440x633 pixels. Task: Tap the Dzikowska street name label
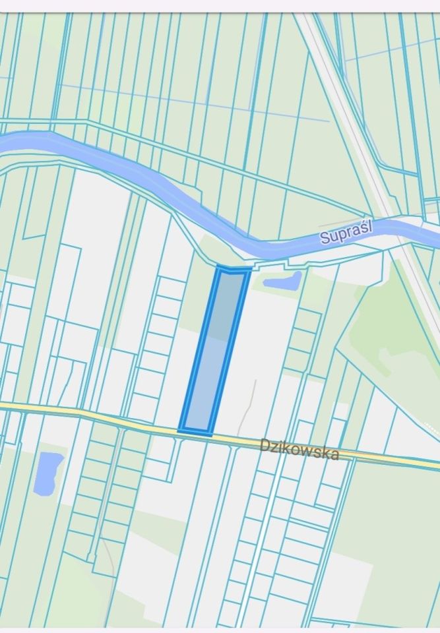[x=299, y=450]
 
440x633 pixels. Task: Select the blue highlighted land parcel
[x=215, y=349]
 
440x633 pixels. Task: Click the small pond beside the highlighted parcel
[x=282, y=282]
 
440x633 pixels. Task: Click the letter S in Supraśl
[x=325, y=238]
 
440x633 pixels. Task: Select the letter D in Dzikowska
[x=265, y=444]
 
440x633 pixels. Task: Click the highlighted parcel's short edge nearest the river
[x=234, y=269]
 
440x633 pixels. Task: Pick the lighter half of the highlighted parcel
[x=206, y=389]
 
